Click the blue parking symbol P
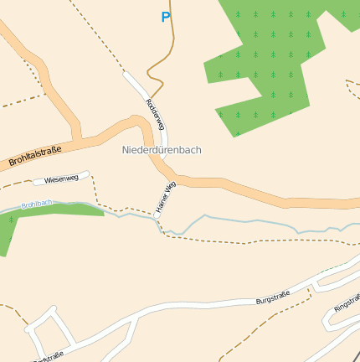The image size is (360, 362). (166, 17)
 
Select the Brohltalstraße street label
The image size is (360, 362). (35, 155)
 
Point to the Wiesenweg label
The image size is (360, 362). (61, 178)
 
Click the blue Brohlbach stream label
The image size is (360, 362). (37, 204)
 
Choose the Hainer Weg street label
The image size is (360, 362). (165, 196)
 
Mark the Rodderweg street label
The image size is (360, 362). (156, 115)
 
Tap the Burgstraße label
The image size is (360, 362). (273, 297)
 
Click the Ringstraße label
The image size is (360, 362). (347, 303)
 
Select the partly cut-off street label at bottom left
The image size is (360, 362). (49, 357)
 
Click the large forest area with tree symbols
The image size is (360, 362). (268, 59)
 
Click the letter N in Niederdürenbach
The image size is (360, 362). (126, 150)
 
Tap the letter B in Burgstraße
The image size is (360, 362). (259, 299)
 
